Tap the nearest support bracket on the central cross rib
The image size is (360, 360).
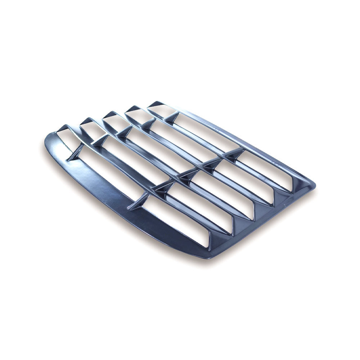[139, 202]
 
